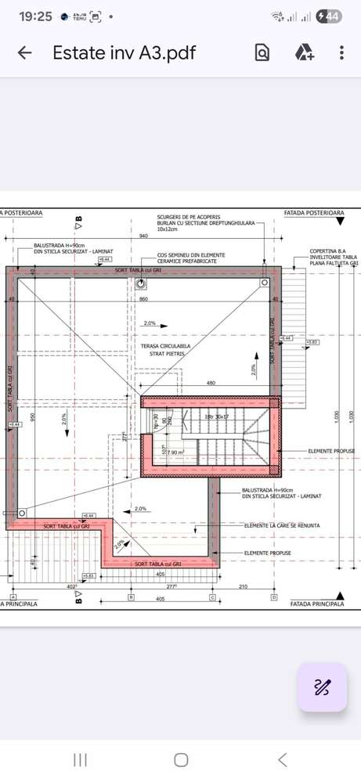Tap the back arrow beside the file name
[25, 52]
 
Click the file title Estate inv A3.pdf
[124, 52]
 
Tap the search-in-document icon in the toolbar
[262, 52]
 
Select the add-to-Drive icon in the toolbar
[304, 52]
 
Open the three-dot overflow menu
[342, 52]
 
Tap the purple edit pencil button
[322, 688]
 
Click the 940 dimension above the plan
[143, 236]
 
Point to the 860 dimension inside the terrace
[143, 300]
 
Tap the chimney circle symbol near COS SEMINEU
[141, 283]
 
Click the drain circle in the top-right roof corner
[265, 283]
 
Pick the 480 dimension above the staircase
[211, 383]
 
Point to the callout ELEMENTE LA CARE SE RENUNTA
[281, 525]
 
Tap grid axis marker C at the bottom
[211, 597]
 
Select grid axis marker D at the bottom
[273, 597]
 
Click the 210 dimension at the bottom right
[243, 586]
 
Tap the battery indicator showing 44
[331, 16]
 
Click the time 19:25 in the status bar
[35, 16]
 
